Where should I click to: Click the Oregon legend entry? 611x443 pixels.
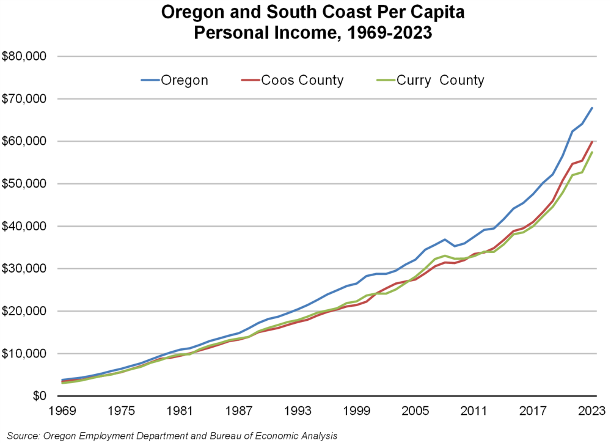coord(184,80)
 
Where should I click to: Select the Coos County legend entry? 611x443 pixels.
coord(302,80)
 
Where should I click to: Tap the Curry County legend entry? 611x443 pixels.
coord(440,80)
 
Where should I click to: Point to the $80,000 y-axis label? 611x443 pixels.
coord(26,57)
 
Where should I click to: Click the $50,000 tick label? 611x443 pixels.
coord(26,184)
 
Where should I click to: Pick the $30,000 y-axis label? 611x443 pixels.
coord(26,269)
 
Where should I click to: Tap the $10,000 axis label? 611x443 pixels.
coord(26,354)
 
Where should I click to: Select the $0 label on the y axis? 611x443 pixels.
coord(39,396)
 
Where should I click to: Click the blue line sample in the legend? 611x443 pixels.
coord(150,80)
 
